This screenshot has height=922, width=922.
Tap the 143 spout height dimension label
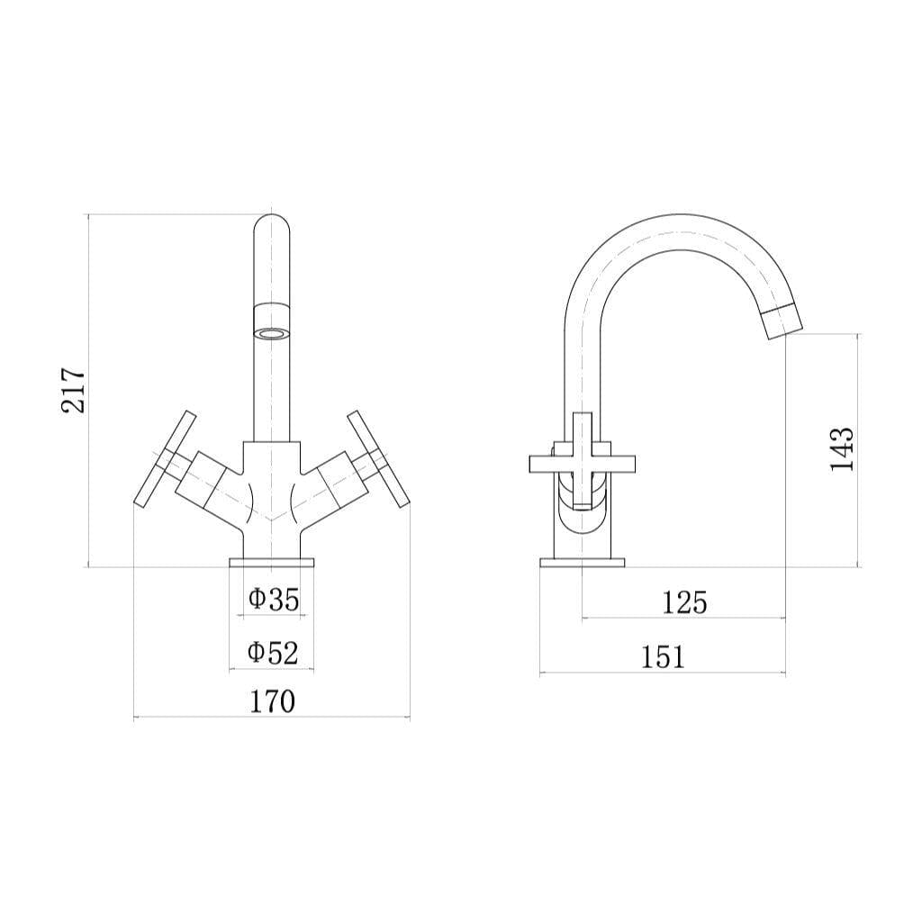pos(842,449)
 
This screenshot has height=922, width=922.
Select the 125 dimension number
pos(684,602)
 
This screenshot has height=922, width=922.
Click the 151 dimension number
pos(663,656)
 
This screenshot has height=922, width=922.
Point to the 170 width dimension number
pos(271,701)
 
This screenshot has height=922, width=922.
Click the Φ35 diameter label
pos(273,599)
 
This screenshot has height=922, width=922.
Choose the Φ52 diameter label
pos(273,653)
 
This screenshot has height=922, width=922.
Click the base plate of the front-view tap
pos(272,563)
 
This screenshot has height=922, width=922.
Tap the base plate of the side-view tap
pos(582,563)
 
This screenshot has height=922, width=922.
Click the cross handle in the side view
pos(582,463)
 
